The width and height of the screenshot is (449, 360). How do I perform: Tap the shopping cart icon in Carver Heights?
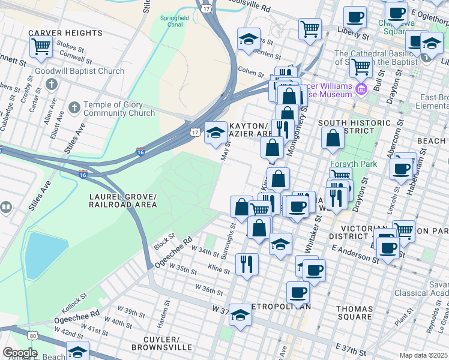pyautogui.click(x=41, y=47)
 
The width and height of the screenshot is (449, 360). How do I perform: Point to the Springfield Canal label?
pyautogui.click(x=174, y=22)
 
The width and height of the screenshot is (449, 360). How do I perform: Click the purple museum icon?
pyautogui.click(x=361, y=90)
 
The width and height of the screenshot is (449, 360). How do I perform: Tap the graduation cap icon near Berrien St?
pyautogui.click(x=249, y=40)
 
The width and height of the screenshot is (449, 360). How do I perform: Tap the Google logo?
pyautogui.click(x=19, y=353)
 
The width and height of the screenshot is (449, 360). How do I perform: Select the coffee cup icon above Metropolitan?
pyautogui.click(x=297, y=293)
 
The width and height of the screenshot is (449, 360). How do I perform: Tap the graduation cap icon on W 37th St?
pyautogui.click(x=240, y=316)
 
